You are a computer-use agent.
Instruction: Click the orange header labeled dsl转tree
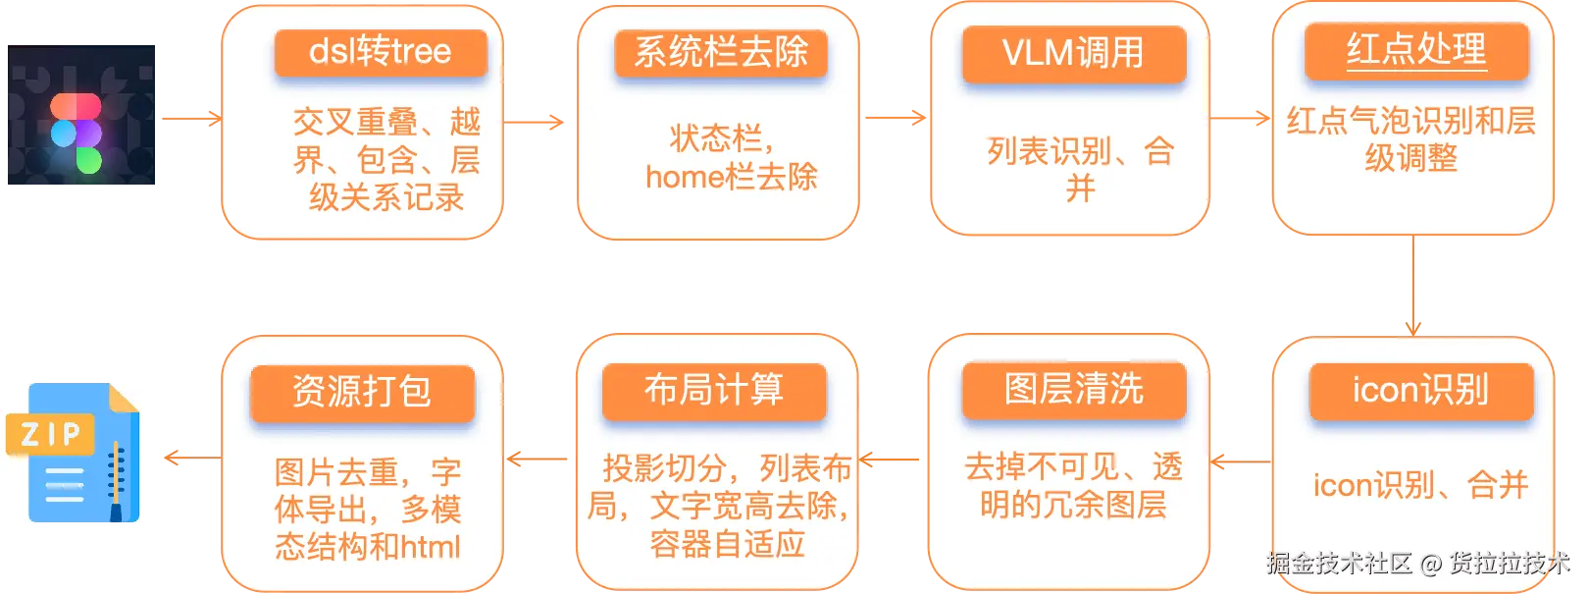pos(381,53)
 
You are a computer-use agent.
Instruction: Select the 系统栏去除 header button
pos(722,53)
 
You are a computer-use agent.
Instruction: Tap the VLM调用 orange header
pos(1074,54)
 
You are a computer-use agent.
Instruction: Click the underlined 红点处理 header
pos(1416,50)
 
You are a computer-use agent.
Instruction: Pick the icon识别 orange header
pos(1421,391)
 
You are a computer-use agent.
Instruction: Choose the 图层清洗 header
pos(1074,390)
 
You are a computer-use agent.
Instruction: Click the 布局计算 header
pos(714,391)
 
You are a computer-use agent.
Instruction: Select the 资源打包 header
pos(363,393)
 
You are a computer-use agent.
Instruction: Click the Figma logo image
pos(81,115)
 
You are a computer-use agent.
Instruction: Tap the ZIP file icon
pos(73,453)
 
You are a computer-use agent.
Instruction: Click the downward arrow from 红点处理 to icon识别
pos(1413,286)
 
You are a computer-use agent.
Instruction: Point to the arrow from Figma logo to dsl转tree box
pos(192,119)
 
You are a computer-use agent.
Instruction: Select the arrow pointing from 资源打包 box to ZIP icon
pos(193,458)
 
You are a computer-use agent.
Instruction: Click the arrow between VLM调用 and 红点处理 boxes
pos(1240,118)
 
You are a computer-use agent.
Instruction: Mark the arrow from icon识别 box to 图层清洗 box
pos(1241,462)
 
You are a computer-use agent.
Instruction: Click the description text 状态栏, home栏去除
pos(732,158)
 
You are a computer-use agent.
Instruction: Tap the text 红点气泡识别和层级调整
pos(1411,139)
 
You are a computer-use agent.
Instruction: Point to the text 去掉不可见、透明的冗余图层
pos(1074,486)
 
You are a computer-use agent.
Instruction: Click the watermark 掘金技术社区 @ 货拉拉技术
pos(1418,563)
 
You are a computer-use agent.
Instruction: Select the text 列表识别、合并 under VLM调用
pos(1080,170)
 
